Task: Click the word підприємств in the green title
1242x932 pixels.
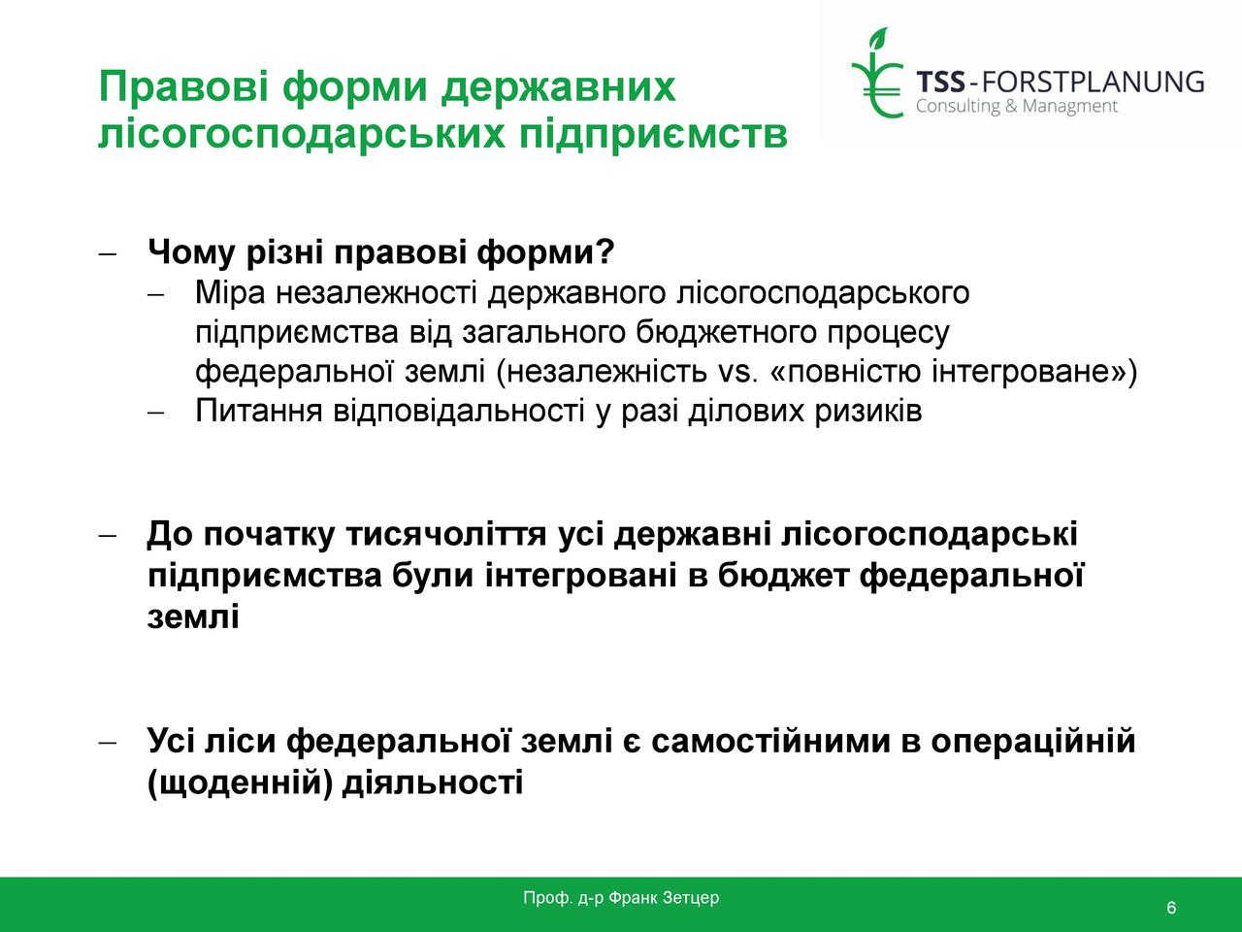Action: point(653,136)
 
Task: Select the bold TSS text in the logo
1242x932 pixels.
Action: point(940,83)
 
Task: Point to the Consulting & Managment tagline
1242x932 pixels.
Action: point(1017,107)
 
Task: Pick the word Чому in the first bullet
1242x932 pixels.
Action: point(191,252)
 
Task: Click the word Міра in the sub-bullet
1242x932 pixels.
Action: point(230,293)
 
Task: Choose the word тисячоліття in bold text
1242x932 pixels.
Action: point(446,534)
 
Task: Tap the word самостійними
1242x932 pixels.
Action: point(770,741)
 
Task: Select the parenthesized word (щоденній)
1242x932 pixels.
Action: point(240,783)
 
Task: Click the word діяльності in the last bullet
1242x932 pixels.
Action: point(433,783)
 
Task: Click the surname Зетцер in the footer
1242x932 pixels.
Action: point(691,897)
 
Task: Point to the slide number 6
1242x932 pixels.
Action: point(1171,908)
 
